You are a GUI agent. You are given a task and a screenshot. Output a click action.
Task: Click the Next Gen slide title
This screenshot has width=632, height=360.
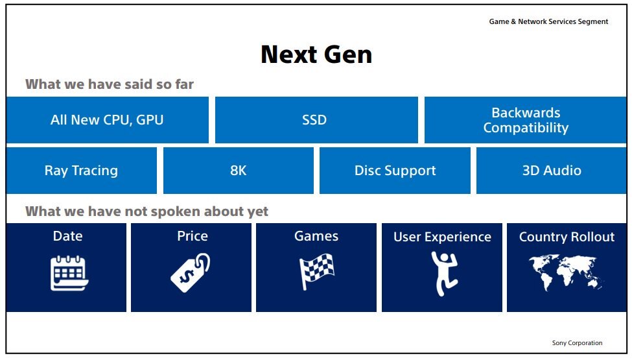(316, 54)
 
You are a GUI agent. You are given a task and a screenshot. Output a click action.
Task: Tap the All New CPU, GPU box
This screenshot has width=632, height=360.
(107, 120)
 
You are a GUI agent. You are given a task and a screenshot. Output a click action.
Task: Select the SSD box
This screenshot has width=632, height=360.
(316, 120)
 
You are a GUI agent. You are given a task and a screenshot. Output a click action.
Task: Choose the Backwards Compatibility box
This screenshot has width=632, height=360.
(526, 120)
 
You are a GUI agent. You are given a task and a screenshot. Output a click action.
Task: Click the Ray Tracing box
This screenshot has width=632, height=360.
(82, 171)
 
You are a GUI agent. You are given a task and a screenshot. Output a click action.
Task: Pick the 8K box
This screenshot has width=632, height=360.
(238, 171)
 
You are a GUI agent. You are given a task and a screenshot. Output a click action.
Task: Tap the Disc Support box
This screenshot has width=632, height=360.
(395, 171)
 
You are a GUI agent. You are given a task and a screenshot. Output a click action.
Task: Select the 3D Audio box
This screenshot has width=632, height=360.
(552, 171)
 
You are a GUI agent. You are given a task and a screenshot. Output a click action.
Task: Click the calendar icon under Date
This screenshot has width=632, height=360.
(69, 273)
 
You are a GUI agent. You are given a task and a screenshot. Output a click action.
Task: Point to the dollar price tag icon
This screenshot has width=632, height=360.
(191, 272)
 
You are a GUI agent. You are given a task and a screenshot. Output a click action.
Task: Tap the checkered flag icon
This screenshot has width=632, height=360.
(316, 271)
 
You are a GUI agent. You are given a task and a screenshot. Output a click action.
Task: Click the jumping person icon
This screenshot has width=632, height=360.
(444, 274)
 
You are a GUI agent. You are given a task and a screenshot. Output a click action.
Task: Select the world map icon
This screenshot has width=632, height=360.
(566, 272)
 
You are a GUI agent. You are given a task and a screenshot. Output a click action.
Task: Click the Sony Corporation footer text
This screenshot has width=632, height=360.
(577, 343)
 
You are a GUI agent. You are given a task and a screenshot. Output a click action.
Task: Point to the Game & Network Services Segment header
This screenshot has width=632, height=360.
(548, 22)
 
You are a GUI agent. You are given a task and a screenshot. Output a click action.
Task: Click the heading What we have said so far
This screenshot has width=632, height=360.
(110, 84)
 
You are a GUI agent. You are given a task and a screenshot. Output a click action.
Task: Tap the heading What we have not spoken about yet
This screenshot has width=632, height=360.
(146, 211)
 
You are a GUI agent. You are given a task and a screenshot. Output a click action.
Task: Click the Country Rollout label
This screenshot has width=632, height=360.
(567, 237)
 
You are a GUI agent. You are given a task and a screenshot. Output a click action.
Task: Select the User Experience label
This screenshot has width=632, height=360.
(442, 237)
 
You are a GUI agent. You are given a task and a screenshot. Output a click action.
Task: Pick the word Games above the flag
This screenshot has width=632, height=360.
(316, 236)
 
